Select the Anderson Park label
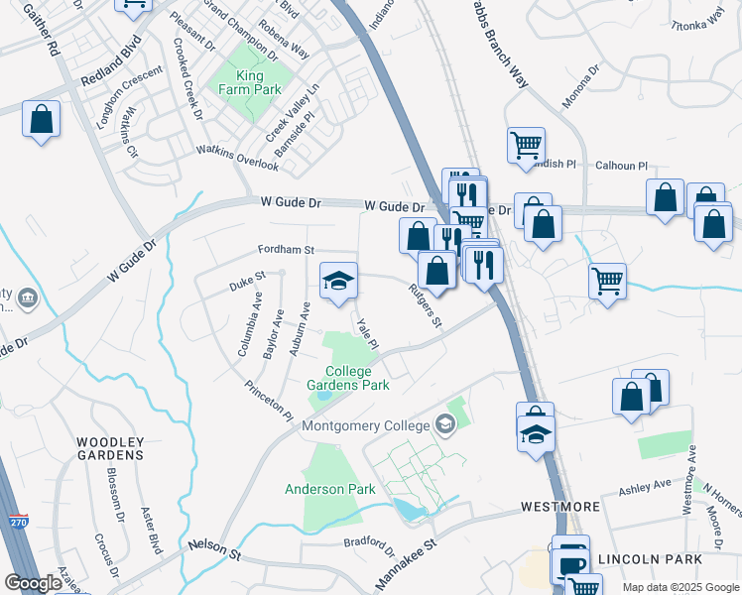tap(330, 489)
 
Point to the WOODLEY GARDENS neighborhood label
tap(109, 448)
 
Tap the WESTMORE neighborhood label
tap(560, 507)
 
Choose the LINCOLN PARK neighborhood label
tap(685, 559)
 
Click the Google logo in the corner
tap(34, 582)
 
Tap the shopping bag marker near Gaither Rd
tap(42, 120)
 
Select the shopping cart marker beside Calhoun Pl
tap(526, 145)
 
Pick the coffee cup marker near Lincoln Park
tap(570, 564)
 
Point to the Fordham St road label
tap(288, 251)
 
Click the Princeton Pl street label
tap(270, 398)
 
